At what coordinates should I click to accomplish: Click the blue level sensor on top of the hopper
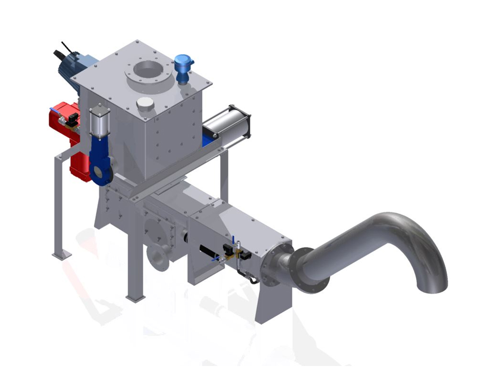183,68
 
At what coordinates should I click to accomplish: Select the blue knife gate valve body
102,161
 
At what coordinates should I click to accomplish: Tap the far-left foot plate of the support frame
62,255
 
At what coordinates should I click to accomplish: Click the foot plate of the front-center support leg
135,297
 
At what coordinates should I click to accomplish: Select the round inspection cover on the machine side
156,229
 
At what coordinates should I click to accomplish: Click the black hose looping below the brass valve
247,278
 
